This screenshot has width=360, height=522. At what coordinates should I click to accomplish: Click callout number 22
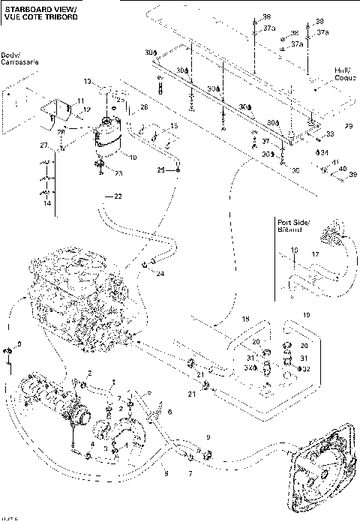pyautogui.click(x=117, y=196)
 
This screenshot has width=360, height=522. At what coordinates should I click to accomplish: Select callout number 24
pyautogui.click(x=160, y=273)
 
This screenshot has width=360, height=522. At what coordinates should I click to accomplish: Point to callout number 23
pyautogui.click(x=118, y=172)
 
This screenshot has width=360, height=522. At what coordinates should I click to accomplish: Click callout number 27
pyautogui.click(x=43, y=144)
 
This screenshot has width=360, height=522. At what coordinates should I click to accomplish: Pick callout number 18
pyautogui.click(x=245, y=320)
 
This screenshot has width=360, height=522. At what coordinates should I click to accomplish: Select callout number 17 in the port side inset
pyautogui.click(x=315, y=255)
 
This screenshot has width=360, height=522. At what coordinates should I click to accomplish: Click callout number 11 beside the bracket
pyautogui.click(x=81, y=100)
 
